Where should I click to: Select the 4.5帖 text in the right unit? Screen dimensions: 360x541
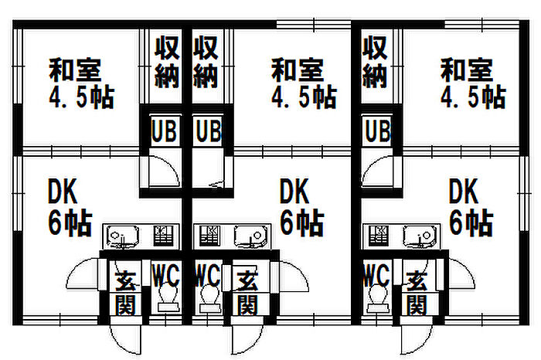tap(473, 97)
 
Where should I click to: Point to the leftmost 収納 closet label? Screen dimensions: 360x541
tap(168, 62)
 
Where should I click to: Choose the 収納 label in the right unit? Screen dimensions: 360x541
tap(375, 62)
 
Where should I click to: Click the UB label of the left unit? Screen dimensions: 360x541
tap(163, 130)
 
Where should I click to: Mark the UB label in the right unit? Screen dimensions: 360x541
tap(376, 130)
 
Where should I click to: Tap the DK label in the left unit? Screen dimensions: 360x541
tap(63, 190)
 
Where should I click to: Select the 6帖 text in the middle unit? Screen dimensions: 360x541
tap(301, 222)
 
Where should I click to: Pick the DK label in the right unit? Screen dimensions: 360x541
tap(464, 190)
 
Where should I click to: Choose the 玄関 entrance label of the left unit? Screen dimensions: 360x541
tap(124, 290)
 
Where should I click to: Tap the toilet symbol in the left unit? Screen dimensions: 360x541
tap(165, 297)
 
